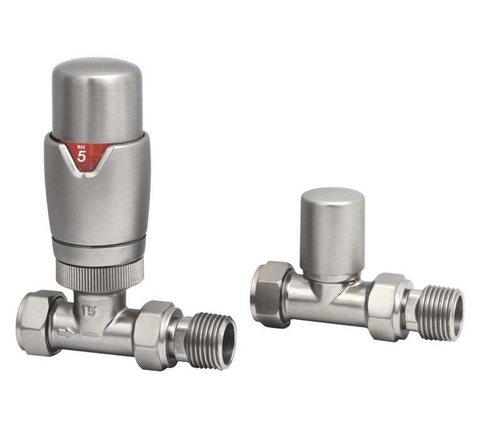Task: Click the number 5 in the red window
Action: click(x=81, y=157)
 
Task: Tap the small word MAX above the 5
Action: click(x=81, y=147)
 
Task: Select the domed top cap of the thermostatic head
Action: click(x=97, y=94)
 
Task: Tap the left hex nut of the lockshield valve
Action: click(x=271, y=291)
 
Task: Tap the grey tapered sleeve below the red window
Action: click(x=97, y=200)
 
